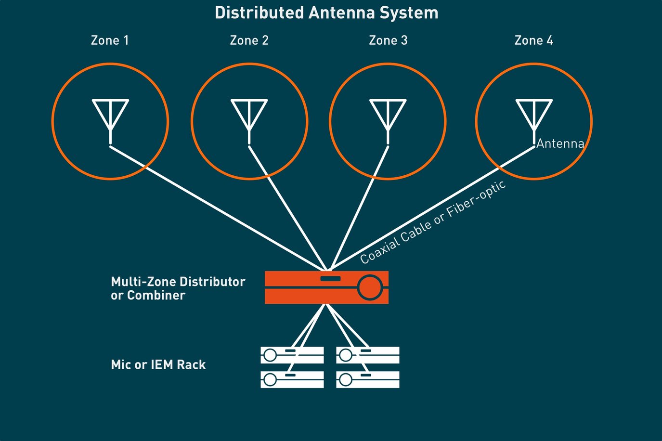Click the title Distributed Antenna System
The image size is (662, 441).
tap(326, 13)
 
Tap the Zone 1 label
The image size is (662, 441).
tap(110, 40)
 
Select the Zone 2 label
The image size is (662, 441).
tap(249, 40)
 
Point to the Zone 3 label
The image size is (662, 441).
tap(388, 40)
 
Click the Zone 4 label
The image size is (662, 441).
tap(533, 40)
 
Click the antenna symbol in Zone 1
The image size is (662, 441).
tap(111, 118)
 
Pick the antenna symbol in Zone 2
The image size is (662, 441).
tap(249, 118)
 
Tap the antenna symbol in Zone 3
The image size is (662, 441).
tap(388, 118)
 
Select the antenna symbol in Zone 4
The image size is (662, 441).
tap(534, 118)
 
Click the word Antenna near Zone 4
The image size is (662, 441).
tap(560, 143)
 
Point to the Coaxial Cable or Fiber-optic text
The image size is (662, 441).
tap(433, 222)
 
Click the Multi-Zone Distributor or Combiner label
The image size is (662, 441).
tap(178, 288)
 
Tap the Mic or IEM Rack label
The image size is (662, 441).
tap(158, 365)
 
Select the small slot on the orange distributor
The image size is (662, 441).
tap(330, 279)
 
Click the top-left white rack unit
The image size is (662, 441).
tap(292, 355)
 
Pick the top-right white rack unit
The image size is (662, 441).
tap(368, 355)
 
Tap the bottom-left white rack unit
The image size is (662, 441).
tap(292, 379)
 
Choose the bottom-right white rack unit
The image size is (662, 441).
tap(368, 379)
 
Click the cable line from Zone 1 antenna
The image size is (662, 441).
tap(217, 207)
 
